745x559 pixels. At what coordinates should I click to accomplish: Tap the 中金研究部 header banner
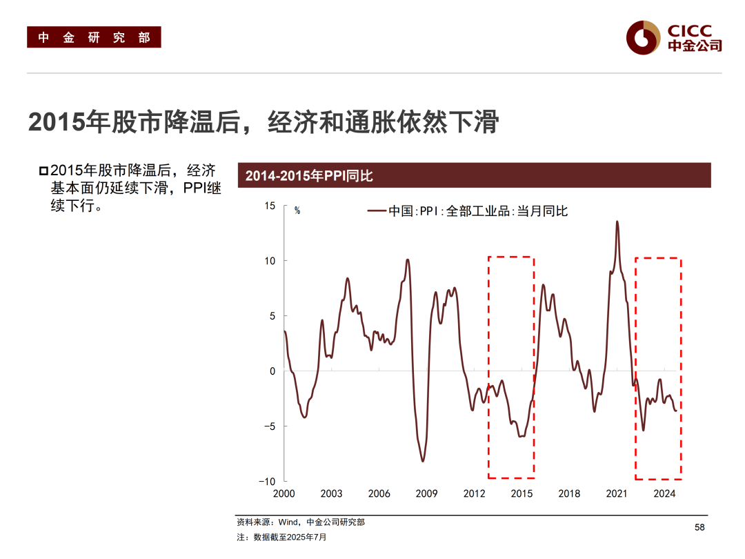coord(94,37)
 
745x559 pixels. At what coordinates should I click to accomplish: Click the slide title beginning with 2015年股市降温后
coord(263,122)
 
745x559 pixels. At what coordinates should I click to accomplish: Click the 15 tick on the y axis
coord(269,206)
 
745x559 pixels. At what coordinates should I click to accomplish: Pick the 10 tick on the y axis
coord(269,261)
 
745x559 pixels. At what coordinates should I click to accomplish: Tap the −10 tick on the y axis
coord(266,481)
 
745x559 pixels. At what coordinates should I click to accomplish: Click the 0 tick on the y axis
coord(272,371)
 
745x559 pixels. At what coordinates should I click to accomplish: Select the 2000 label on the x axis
coord(284,493)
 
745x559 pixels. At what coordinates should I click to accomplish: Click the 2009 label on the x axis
coord(426,493)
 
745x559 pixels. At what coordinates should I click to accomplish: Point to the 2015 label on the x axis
coord(521,493)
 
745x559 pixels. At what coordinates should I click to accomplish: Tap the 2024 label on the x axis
coord(664,493)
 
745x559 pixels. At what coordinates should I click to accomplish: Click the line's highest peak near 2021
coord(617,222)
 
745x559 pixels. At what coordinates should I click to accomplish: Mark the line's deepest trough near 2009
coord(422,461)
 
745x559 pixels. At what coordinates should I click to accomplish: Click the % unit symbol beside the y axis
coord(297,210)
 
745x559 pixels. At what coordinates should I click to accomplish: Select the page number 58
coord(699,528)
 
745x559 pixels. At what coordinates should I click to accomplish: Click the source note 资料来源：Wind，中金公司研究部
coord(301,522)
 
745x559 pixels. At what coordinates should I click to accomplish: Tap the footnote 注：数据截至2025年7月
coord(282,537)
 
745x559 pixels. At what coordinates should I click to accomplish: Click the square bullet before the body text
coord(43,171)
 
